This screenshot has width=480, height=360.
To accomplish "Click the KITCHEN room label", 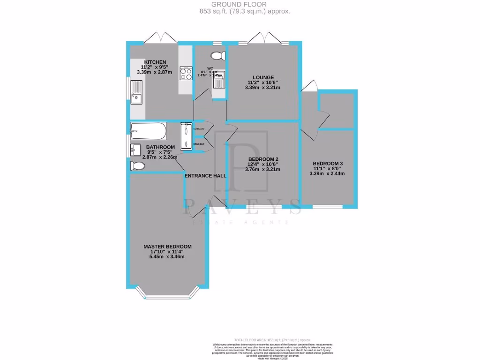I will (155, 62).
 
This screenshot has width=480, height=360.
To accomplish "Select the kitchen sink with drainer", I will (137, 92).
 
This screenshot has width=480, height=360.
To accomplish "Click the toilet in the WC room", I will (217, 56).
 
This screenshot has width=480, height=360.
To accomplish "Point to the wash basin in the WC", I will (218, 80).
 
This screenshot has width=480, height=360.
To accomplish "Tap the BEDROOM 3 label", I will (327, 164).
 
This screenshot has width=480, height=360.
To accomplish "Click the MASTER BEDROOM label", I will (167, 247).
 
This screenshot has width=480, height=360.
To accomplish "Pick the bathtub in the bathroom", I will (148, 132).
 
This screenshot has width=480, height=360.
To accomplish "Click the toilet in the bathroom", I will (137, 165).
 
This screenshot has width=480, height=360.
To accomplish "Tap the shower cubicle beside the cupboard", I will (186, 136).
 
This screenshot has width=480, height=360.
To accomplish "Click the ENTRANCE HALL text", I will (205, 176).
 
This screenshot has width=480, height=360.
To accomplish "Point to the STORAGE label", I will (199, 144).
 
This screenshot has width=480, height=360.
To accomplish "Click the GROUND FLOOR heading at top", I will (240, 5).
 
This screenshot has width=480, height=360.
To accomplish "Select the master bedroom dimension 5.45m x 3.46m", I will (167, 257).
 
